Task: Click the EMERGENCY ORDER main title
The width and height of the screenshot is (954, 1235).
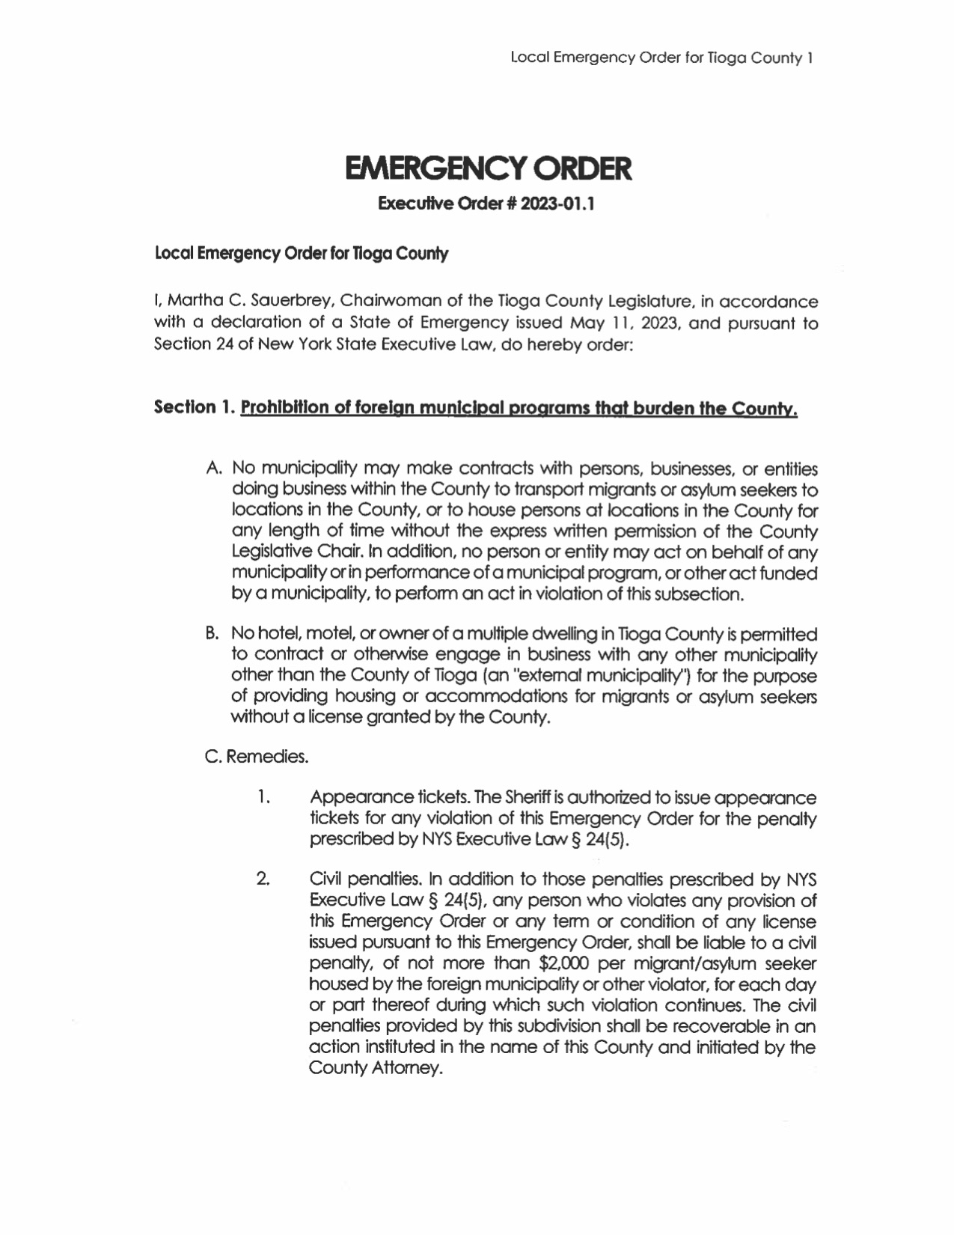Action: coord(488,169)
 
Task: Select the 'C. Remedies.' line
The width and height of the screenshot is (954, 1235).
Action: coord(256,757)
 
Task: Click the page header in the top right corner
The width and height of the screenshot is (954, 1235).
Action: coord(661,58)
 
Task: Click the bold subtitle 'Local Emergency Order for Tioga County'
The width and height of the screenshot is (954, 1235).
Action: coord(301,254)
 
